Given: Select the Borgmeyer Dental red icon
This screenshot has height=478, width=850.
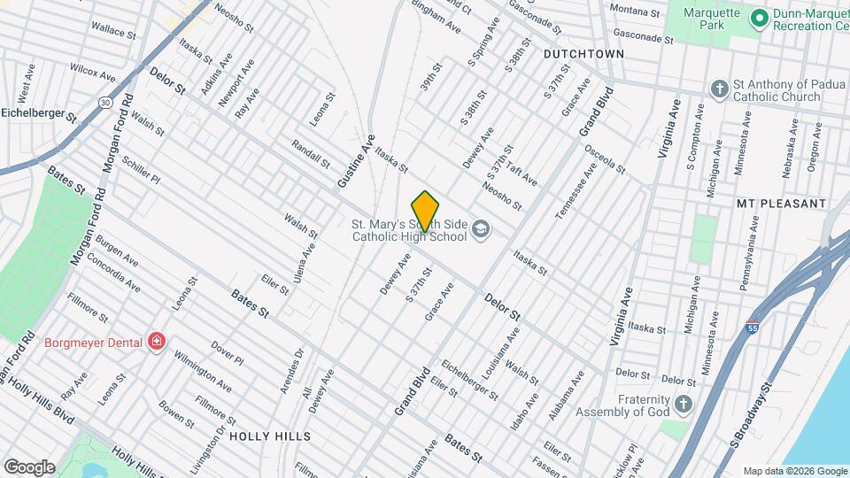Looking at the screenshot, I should click(x=157, y=341).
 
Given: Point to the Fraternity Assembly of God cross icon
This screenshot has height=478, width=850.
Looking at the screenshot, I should click(x=682, y=405).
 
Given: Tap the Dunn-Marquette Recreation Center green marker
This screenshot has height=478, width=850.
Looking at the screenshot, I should click(x=758, y=17).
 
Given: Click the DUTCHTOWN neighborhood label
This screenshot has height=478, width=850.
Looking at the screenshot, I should click(x=583, y=54).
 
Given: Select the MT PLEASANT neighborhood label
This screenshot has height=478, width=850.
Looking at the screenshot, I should click(x=781, y=204).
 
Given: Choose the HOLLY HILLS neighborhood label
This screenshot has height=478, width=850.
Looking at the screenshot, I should click(x=270, y=436).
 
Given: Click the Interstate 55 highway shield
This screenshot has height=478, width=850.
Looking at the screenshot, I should click(x=752, y=327).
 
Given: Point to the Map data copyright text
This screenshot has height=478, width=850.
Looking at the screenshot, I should click(x=793, y=470).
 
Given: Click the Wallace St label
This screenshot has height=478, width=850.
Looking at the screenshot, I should click(x=112, y=30).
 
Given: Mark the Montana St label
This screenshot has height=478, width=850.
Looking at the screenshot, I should click(x=635, y=13).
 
